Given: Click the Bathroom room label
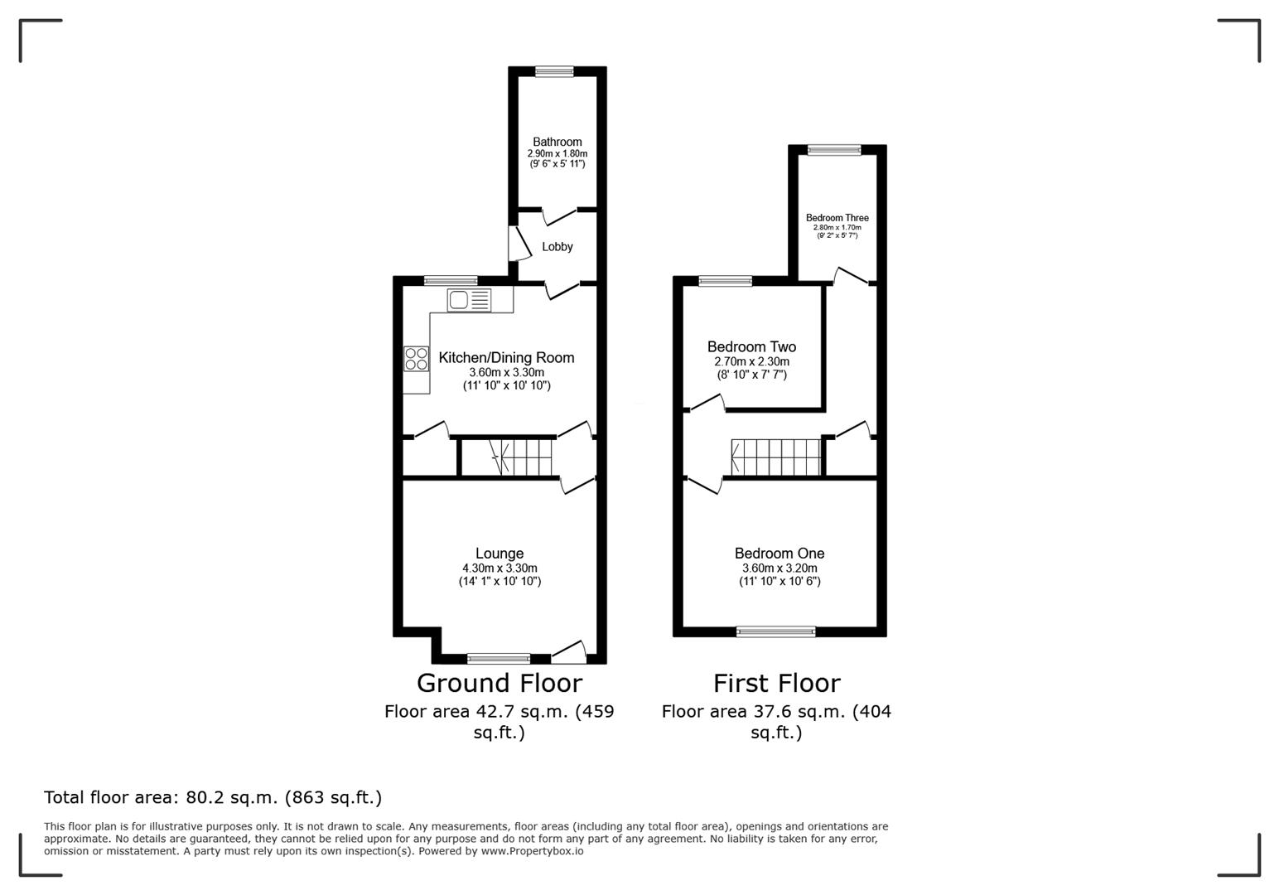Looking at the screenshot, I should (x=557, y=142).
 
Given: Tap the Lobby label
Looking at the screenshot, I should (x=557, y=247).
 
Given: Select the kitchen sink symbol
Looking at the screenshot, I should (x=469, y=299).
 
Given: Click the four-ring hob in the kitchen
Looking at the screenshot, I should (x=416, y=358).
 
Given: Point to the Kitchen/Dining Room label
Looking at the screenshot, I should (x=505, y=358).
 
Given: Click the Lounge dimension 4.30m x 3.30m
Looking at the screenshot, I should (x=500, y=568).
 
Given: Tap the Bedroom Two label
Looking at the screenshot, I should (x=751, y=347).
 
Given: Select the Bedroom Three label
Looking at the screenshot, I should (x=837, y=218).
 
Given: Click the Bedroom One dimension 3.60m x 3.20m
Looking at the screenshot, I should (x=779, y=568).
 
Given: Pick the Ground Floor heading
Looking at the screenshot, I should (x=499, y=683).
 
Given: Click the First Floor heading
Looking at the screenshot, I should (x=776, y=683).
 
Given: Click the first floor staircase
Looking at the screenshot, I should (x=775, y=457).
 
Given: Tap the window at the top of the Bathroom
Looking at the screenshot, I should (x=554, y=72).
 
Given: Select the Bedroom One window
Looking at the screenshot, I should (x=776, y=631).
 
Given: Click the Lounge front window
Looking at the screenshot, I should (x=499, y=659).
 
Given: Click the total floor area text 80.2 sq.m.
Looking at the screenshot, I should (x=212, y=797).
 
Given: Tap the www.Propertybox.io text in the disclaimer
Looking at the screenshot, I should (x=532, y=851).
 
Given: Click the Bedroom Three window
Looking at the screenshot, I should (x=834, y=150).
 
